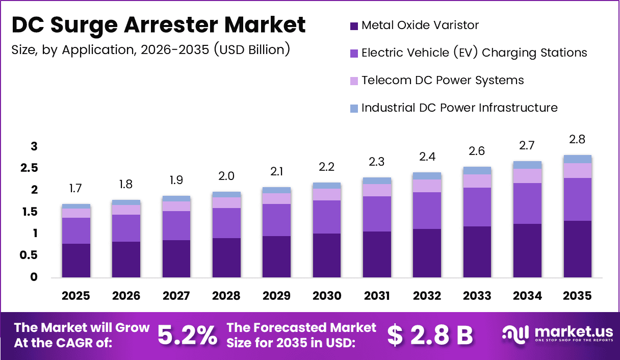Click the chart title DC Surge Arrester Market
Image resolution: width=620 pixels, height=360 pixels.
coord(159,25)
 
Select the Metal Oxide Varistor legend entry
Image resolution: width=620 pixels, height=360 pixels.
coord(420,25)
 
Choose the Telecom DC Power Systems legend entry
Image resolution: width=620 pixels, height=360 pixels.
coord(442,80)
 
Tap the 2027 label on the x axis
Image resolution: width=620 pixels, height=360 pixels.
coord(176,296)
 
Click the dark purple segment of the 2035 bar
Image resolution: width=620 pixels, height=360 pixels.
coord(578,249)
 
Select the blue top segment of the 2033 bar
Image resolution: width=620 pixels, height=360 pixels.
coord(477,170)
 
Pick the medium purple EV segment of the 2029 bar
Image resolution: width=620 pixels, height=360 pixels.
coord(276,220)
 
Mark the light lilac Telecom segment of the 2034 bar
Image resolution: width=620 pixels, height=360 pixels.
coord(527,176)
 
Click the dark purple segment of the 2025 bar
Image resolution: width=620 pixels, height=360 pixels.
coord(76,260)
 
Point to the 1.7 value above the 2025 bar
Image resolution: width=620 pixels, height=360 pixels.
coord(76,189)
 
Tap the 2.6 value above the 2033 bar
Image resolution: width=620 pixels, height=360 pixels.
coord(477,151)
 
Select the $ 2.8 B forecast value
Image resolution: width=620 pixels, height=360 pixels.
coord(429,335)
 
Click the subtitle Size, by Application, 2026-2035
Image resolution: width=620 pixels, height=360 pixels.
coord(150,49)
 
